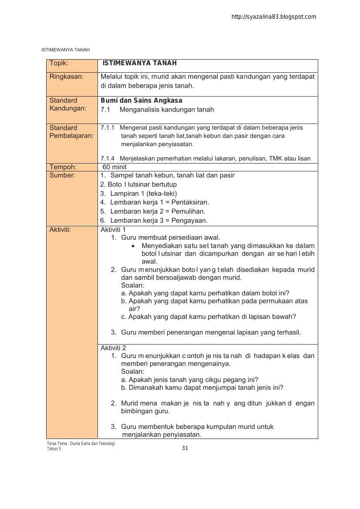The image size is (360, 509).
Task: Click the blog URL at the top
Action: point(274,17)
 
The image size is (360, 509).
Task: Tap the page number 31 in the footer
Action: point(185,448)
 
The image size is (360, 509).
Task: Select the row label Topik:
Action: point(59,63)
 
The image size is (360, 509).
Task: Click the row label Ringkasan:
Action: point(66,77)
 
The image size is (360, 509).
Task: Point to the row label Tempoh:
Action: point(63,167)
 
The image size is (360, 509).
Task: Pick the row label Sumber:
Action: point(62,175)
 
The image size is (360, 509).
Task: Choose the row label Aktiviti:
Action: point(60,230)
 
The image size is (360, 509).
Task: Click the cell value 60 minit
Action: point(114,167)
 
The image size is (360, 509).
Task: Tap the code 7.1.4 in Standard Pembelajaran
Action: point(108,158)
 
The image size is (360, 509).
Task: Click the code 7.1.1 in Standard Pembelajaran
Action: point(108,128)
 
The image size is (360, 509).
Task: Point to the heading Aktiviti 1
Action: point(113,230)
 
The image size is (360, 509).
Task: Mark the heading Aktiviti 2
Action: point(113,348)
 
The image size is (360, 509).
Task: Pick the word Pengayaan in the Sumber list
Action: point(190,221)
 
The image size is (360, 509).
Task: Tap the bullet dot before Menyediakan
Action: point(133,246)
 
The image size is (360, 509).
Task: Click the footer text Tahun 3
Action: point(54,449)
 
